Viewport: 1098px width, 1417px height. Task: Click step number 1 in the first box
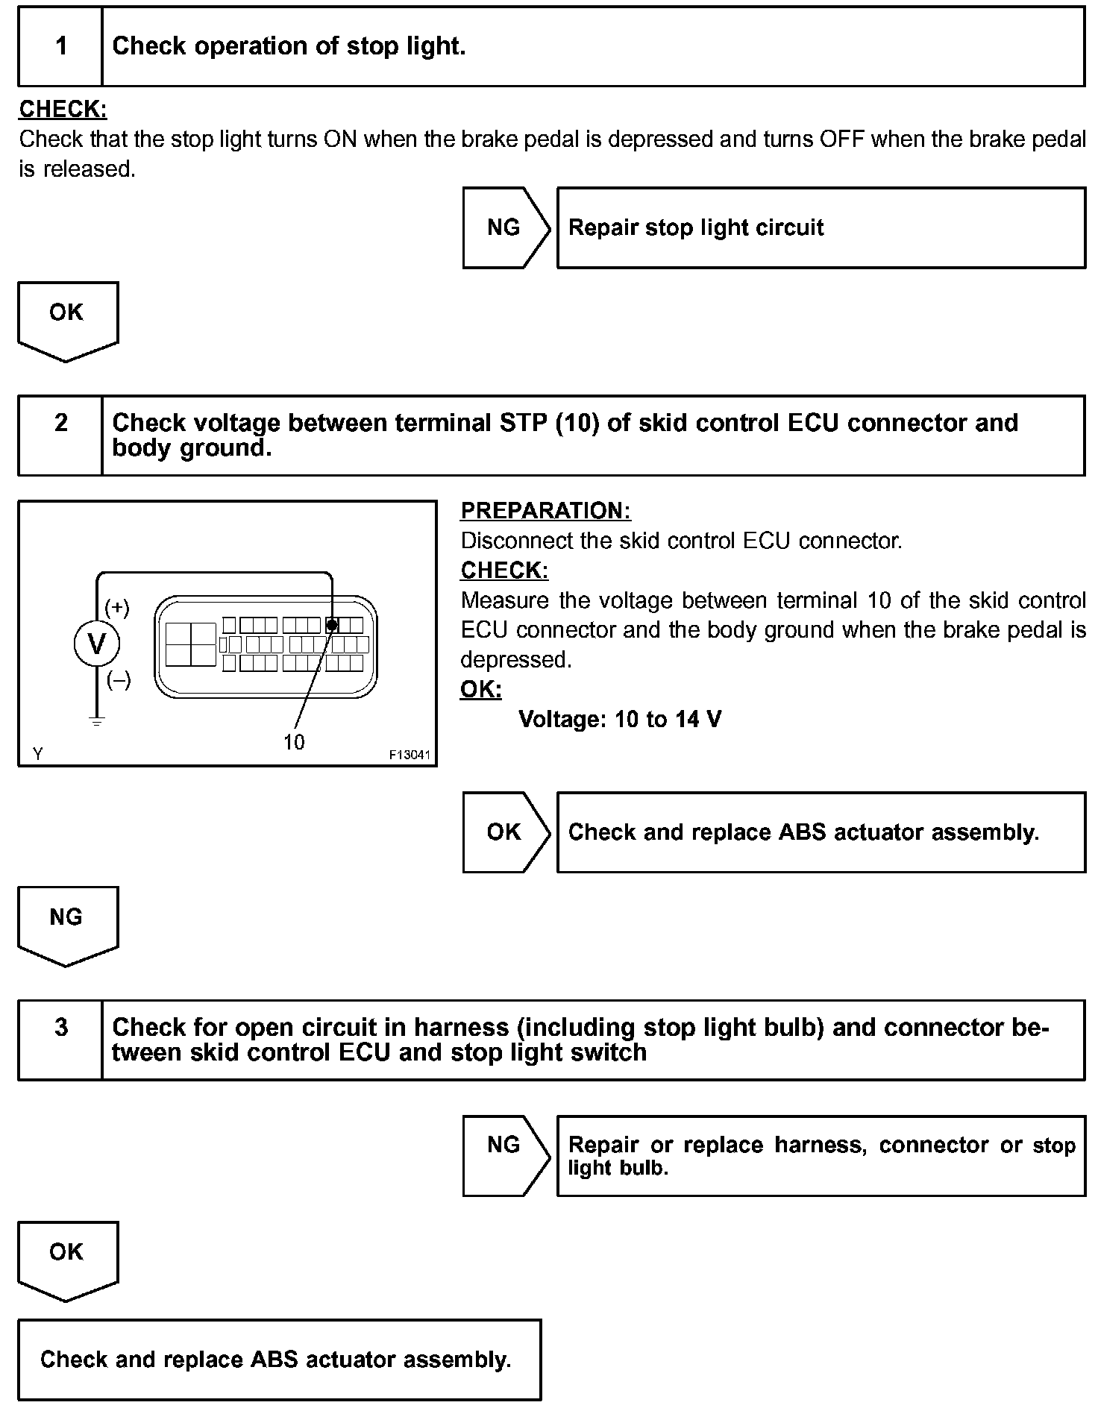(x=61, y=46)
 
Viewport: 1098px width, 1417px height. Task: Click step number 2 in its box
(x=61, y=423)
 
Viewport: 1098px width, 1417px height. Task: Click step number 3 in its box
(x=61, y=1028)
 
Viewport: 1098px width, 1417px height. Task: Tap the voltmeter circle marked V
(x=97, y=644)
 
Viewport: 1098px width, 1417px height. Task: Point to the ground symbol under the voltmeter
(x=97, y=721)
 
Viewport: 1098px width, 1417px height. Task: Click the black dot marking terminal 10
(x=333, y=625)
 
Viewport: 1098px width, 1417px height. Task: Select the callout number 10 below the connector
(x=294, y=742)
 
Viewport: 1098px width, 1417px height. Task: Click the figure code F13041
(x=410, y=755)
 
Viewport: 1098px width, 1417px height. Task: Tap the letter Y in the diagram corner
(x=37, y=754)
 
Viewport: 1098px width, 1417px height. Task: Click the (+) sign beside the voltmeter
(x=117, y=608)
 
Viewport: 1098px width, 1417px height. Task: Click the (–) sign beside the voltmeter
(x=119, y=679)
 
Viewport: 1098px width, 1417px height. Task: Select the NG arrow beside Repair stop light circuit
(x=505, y=227)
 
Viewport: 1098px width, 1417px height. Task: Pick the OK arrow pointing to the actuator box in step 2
(x=505, y=832)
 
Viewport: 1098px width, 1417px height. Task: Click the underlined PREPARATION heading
(x=545, y=511)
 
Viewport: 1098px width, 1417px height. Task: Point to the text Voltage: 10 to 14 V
(x=620, y=720)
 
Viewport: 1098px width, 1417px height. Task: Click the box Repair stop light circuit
(x=821, y=227)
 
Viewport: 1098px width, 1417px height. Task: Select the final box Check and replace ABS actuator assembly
(x=279, y=1360)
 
